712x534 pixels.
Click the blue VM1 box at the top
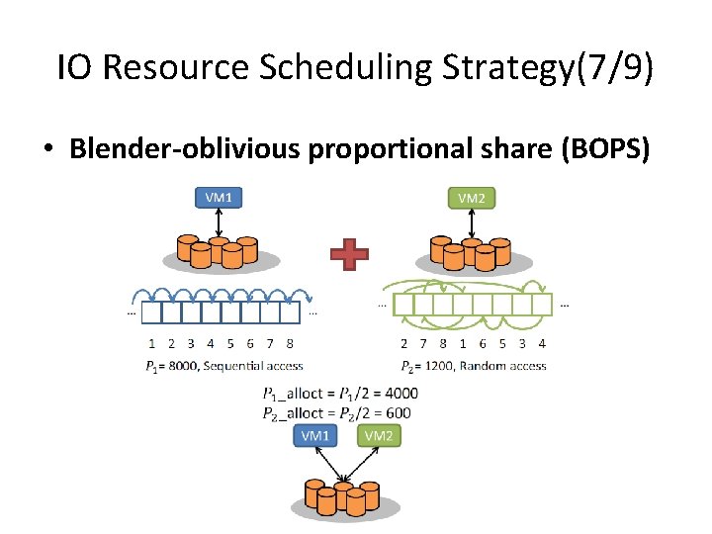click(x=219, y=197)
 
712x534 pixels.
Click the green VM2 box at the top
click(x=472, y=197)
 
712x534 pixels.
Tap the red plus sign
click(x=349, y=255)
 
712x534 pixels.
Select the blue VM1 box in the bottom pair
click(x=316, y=436)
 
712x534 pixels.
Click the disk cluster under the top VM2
click(x=472, y=253)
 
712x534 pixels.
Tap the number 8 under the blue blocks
click(x=289, y=344)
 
